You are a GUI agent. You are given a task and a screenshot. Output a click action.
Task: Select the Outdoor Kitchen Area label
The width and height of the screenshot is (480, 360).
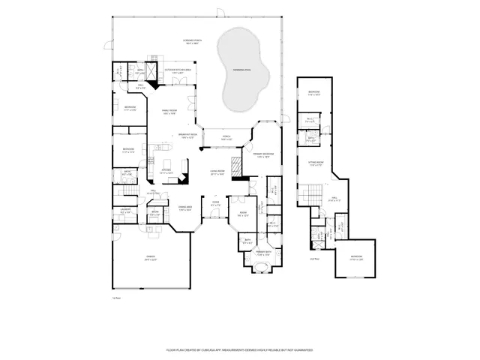(x=178, y=70)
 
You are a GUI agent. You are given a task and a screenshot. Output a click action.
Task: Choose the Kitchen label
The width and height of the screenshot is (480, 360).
(x=167, y=170)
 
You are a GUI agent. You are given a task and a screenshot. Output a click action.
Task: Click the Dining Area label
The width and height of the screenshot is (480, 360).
(x=185, y=208)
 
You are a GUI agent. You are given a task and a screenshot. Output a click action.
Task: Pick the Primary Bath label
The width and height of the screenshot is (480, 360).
(x=262, y=253)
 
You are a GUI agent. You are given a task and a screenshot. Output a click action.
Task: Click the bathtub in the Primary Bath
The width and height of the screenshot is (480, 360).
(x=262, y=268)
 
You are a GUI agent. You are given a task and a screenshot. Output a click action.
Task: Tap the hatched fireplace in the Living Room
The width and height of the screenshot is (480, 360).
(x=235, y=166)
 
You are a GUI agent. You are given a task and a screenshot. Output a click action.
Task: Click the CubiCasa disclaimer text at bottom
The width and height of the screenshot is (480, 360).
(x=239, y=350)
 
